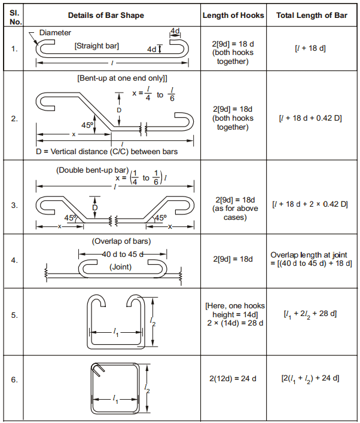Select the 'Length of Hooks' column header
tap(233, 15)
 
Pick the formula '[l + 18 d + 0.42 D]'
tap(311, 118)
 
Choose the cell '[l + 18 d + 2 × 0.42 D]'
tap(311, 204)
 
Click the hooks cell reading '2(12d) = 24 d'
tap(233, 378)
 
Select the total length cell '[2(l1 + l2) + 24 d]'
tap(311, 378)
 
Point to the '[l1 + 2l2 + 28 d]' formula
tap(311, 314)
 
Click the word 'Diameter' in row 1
tap(54, 32)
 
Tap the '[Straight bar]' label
tap(96, 45)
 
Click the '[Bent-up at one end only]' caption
tap(122, 78)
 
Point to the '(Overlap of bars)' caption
tap(121, 241)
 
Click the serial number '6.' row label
tap(14, 379)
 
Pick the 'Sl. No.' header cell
tap(14, 15)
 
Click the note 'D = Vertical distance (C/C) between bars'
tap(107, 152)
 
